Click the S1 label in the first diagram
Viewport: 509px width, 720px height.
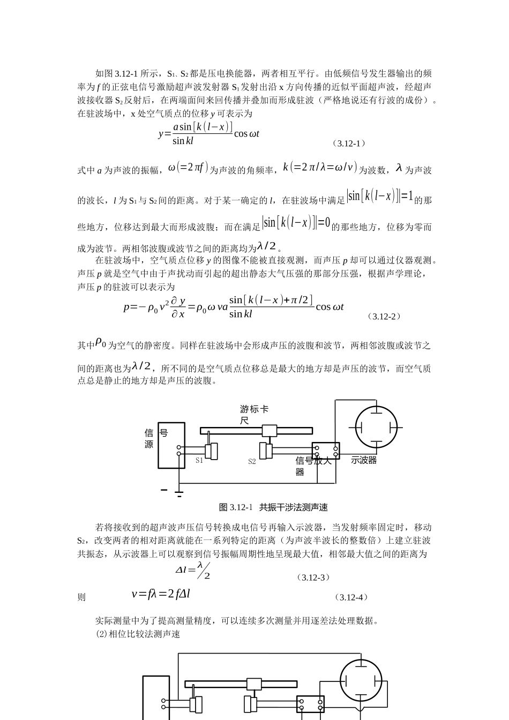coord(199,460)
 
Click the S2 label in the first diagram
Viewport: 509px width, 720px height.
coord(252,461)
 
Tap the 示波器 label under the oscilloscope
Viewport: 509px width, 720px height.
coord(364,460)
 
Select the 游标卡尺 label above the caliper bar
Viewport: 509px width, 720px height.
coord(254,415)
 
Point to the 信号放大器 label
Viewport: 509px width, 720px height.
coord(313,466)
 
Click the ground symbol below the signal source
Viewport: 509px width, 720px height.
coord(179,492)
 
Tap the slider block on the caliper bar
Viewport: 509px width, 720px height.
coord(269,431)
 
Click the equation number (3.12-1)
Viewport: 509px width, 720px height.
coord(348,143)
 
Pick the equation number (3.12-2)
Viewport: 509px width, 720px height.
coord(384,316)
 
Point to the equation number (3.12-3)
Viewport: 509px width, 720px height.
coord(313,577)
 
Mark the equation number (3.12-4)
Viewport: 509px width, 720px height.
coord(350,597)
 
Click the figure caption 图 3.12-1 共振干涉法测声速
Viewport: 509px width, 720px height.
coord(273,507)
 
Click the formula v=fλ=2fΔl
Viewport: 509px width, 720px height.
coord(161,594)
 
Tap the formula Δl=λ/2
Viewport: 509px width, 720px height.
coord(193,570)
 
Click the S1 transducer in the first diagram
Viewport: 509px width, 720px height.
coord(213,451)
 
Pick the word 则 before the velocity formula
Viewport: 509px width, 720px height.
coord(81,597)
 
